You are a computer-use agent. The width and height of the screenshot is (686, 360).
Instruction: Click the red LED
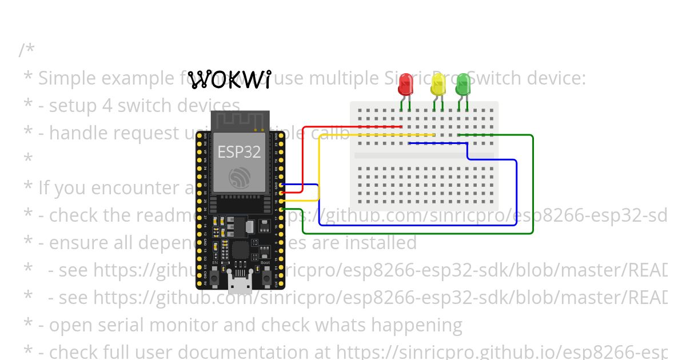[405, 85]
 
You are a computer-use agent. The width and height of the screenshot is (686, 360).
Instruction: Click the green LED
[463, 85]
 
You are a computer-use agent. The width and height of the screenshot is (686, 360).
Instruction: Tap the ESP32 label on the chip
[239, 152]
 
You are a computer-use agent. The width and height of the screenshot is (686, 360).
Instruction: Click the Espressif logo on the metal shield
[239, 178]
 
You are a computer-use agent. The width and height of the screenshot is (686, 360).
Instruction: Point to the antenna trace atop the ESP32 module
[240, 121]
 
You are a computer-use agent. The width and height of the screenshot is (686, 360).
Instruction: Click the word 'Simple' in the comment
[69, 78]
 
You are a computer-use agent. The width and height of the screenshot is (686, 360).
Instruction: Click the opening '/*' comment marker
[26, 50]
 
